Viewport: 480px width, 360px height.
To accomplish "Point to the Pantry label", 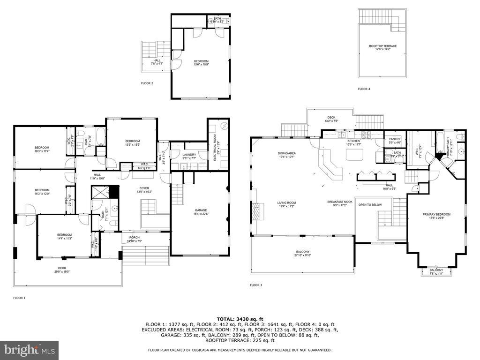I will pos(395,140).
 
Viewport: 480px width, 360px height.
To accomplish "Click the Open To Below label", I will pos(370,205).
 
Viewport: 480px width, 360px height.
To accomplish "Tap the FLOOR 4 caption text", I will pos(364,89).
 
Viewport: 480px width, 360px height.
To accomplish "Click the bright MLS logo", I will pos(29,349).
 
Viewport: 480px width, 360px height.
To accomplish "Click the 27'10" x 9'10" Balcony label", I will pos(302,254).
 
